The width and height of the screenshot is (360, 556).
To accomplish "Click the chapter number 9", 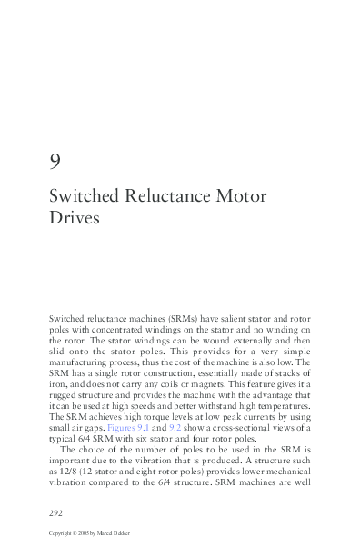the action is [56, 162].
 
